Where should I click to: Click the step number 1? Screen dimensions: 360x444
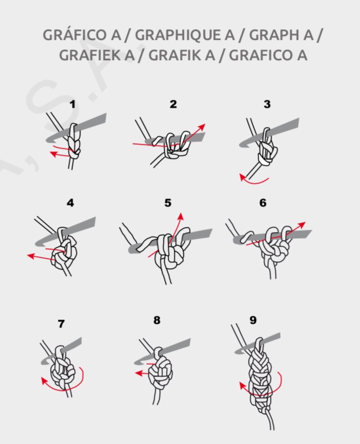point(73,104)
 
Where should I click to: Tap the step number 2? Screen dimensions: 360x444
point(173,104)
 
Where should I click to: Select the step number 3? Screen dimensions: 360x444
point(267,104)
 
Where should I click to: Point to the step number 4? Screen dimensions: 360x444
point(70,203)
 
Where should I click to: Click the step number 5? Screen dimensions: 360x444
point(168,203)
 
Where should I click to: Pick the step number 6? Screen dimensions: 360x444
point(263,203)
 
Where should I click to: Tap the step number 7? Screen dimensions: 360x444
point(61,324)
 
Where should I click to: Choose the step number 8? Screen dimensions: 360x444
point(157,320)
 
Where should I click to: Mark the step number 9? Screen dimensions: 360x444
point(253,320)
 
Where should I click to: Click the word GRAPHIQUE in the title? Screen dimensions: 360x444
point(185,35)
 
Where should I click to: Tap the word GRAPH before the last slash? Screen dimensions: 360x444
point(281,35)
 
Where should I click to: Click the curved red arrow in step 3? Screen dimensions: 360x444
point(253,180)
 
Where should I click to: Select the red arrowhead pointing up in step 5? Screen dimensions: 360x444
point(181,216)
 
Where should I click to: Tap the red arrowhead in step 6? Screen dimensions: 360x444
point(302,225)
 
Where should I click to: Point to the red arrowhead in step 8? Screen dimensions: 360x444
point(138,373)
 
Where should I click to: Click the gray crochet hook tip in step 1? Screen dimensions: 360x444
point(48,140)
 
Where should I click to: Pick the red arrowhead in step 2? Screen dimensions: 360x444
point(201,126)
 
